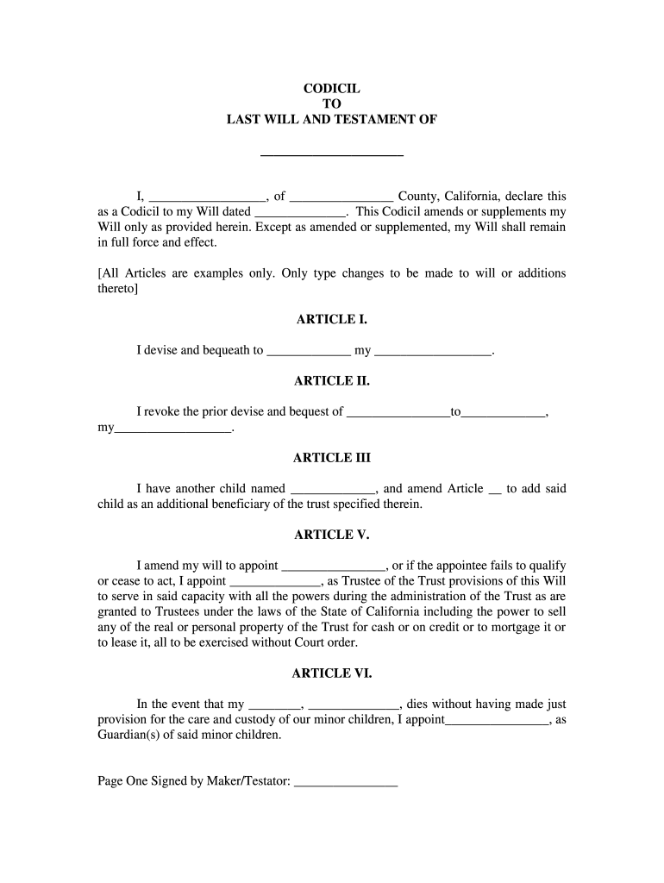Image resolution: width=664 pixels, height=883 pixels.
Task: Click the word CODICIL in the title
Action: coord(332,89)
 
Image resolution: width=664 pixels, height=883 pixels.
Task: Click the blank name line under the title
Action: coord(332,153)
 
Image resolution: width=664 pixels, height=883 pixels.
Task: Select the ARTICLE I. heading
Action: coord(332,319)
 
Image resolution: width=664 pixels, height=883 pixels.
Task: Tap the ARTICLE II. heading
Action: coord(332,379)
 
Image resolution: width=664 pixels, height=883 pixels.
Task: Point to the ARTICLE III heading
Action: coord(332,457)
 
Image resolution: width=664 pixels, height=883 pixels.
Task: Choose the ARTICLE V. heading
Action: coord(332,535)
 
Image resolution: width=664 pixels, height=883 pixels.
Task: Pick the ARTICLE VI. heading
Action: coord(332,673)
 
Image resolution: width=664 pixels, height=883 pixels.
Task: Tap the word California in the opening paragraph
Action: coord(473,196)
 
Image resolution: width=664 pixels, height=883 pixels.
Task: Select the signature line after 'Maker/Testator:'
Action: coord(346,784)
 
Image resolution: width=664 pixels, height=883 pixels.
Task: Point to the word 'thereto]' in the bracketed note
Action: coord(117,289)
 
